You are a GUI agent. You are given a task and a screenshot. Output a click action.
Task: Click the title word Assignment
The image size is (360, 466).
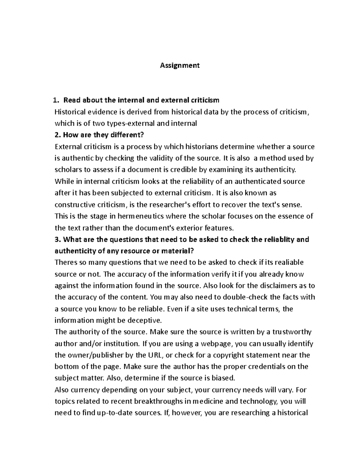click(x=180, y=65)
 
